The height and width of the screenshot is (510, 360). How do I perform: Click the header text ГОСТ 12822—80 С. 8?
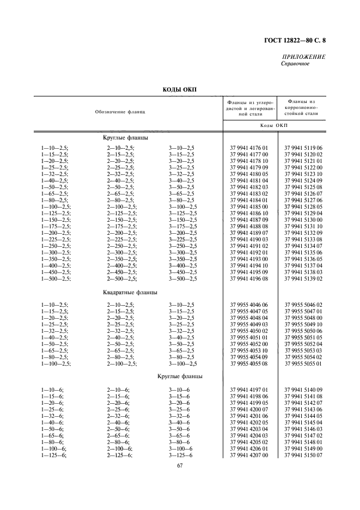tap(298, 40)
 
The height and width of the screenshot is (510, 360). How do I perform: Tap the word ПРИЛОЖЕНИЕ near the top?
tap(304, 57)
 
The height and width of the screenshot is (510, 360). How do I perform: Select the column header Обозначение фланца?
tap(120, 111)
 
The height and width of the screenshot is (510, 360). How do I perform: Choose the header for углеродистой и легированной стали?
tap(250, 108)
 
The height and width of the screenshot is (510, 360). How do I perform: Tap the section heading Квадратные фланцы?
tap(131, 292)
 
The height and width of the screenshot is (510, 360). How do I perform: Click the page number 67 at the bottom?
tap(179, 465)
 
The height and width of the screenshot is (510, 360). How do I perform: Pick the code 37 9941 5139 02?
tap(303, 278)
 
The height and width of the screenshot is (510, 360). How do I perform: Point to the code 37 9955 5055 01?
tap(303, 363)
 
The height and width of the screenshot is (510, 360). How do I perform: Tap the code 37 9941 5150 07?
tap(303, 455)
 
